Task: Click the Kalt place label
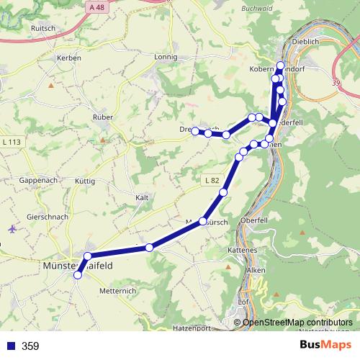pos(142,197)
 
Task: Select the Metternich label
pos(117,291)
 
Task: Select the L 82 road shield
pos(210,179)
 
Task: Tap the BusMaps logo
pos(325,346)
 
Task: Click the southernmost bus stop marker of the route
pos(78,274)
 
